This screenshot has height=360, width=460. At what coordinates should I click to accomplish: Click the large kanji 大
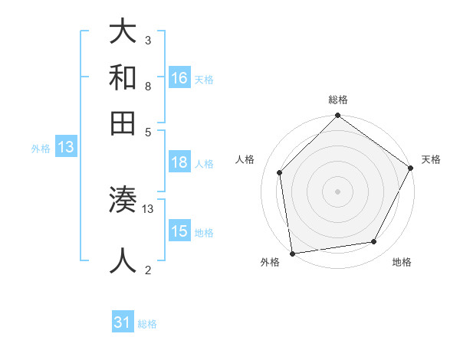click(x=123, y=33)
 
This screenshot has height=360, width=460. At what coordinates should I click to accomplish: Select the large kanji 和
click(x=123, y=78)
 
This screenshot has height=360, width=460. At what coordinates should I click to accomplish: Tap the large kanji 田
click(x=123, y=123)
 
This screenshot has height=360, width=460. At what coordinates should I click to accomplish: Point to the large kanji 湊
click(x=123, y=201)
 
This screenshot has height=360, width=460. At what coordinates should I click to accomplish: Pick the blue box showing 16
click(x=179, y=78)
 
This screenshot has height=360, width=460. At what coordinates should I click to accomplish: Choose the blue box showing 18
click(x=179, y=162)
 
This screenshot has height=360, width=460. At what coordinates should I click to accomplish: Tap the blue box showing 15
click(x=179, y=231)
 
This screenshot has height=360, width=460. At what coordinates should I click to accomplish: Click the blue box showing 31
click(x=123, y=322)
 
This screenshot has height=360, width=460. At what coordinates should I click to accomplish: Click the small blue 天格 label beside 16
click(x=204, y=79)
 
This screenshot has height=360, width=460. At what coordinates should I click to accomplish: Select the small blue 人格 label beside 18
click(x=204, y=163)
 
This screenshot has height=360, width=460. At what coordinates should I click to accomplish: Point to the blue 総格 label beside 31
click(x=147, y=323)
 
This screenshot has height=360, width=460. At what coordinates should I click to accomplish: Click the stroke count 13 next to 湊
click(x=149, y=208)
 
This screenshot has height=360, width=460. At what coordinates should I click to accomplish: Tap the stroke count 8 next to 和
click(x=147, y=86)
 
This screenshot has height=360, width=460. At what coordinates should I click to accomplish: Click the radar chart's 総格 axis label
click(x=337, y=100)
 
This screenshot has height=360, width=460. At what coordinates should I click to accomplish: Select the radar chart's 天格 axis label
click(x=431, y=159)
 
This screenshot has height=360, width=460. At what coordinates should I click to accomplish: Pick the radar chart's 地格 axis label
click(x=402, y=262)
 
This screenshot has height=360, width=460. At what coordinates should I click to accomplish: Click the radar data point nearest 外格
click(x=292, y=253)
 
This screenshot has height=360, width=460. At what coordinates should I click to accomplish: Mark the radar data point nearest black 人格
click(x=280, y=172)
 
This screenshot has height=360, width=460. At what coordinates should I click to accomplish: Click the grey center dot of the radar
click(x=337, y=191)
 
